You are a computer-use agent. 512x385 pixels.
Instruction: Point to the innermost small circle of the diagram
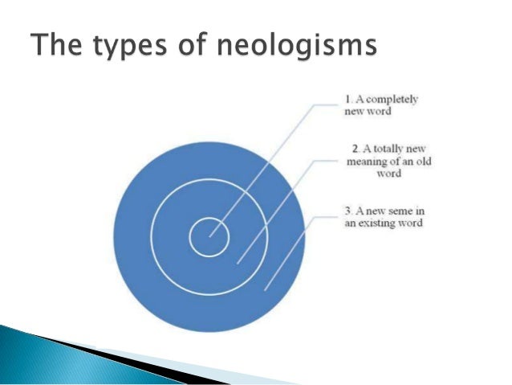click(209, 237)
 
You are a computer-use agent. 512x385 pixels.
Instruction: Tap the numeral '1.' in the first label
click(348, 100)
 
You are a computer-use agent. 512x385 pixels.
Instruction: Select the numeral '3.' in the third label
click(348, 211)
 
